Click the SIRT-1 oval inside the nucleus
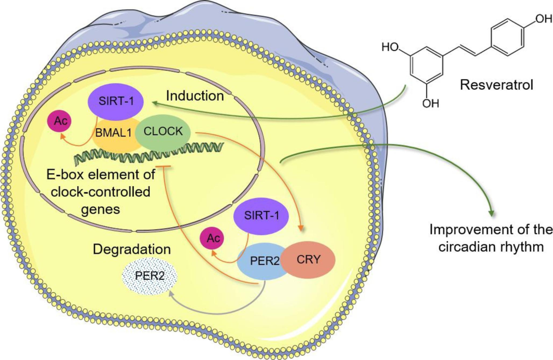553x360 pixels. pos(116,101)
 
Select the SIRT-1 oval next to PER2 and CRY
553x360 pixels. pos(261,216)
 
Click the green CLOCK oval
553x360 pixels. pos(163,132)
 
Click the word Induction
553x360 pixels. pos(195,96)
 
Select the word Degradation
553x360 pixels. pos(132,250)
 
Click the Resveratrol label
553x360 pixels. pos(497,85)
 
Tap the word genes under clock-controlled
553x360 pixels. pos(100,210)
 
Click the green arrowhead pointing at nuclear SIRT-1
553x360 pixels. pos(157,104)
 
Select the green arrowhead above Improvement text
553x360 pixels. pos(491,213)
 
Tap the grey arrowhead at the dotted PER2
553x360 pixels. pos(171,294)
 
